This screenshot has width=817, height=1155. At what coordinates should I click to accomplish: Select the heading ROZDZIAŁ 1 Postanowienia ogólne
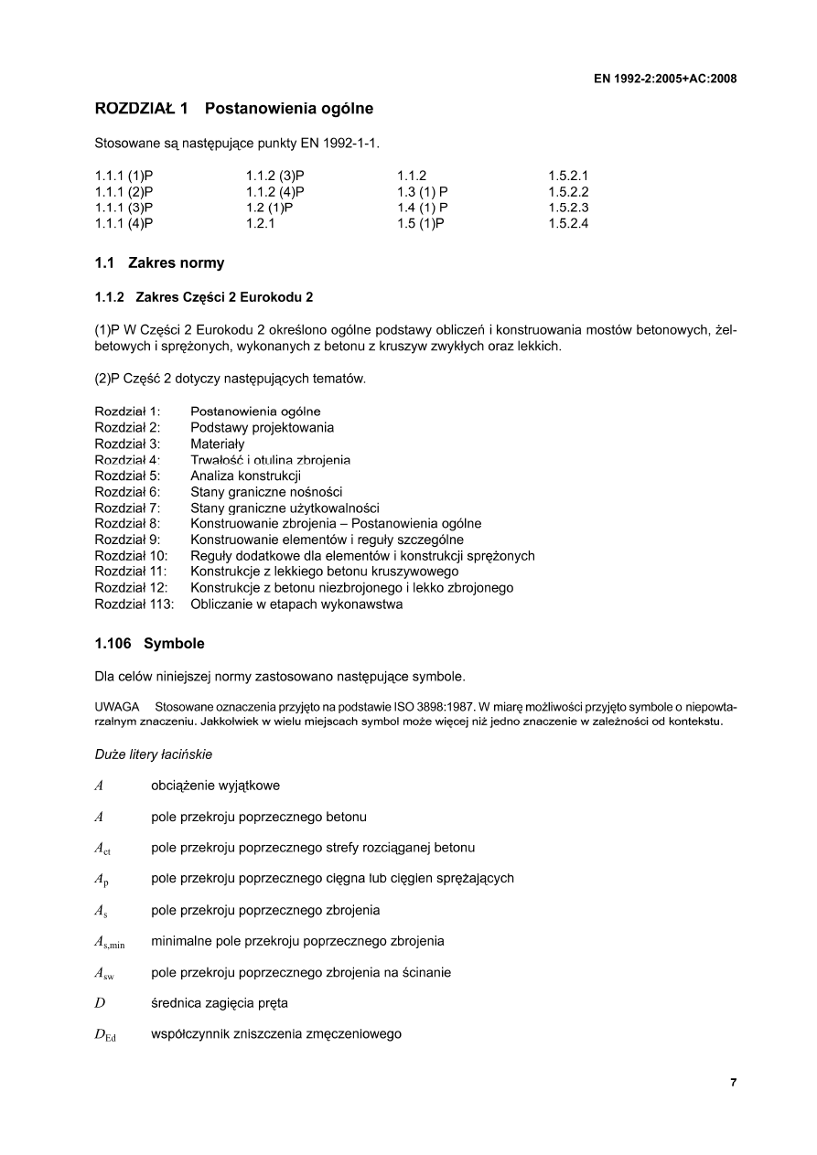(x=233, y=110)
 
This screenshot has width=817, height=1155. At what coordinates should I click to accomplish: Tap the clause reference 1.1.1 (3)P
(x=124, y=208)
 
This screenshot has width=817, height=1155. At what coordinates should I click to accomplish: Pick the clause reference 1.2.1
(x=261, y=223)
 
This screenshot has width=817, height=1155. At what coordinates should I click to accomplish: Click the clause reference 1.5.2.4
(x=568, y=223)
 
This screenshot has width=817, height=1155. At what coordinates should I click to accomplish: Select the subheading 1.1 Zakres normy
(x=159, y=263)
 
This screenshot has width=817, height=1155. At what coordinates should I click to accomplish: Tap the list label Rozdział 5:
(x=127, y=476)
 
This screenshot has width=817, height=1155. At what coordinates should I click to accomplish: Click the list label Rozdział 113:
(x=134, y=604)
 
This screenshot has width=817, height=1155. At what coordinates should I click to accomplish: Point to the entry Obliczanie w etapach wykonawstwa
(x=296, y=604)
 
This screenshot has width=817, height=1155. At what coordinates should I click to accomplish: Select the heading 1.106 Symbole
(x=149, y=644)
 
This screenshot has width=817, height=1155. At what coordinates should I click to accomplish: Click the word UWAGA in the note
(x=116, y=708)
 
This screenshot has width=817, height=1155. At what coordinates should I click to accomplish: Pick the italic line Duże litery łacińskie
(x=154, y=754)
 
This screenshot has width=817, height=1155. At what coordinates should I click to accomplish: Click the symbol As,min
(x=109, y=942)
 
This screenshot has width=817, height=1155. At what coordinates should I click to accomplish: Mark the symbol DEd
(x=104, y=1035)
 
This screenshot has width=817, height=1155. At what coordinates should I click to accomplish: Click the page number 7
(x=733, y=1083)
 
